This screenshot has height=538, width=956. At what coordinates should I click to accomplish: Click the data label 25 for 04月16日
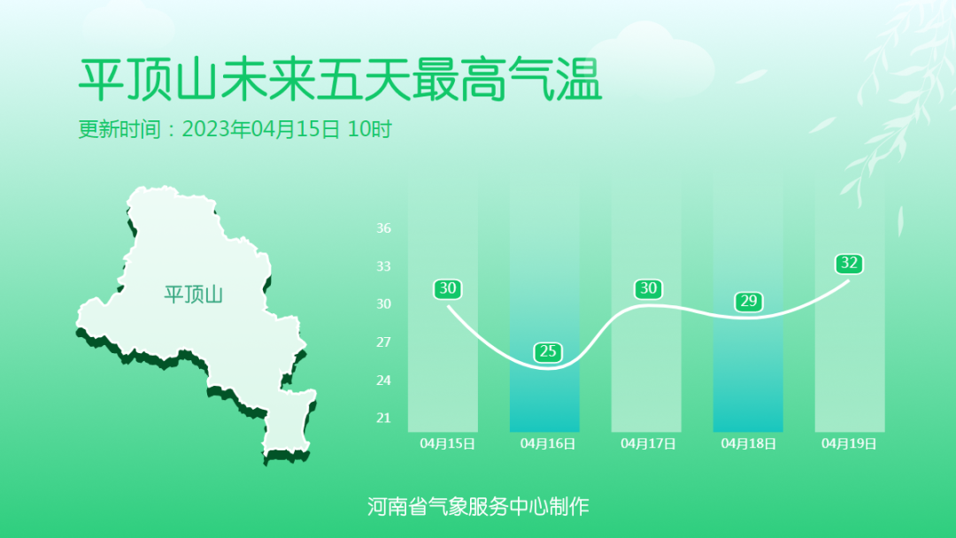point(548,351)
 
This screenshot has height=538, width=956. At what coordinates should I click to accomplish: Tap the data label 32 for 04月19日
point(849,263)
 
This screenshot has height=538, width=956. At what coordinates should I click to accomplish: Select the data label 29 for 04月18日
point(748,301)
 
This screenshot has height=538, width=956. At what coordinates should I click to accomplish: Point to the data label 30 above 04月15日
point(448,288)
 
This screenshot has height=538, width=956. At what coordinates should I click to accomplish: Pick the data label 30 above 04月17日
point(648,288)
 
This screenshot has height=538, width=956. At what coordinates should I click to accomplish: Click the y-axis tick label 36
point(383,228)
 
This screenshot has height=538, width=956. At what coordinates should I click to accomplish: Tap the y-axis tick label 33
point(383,266)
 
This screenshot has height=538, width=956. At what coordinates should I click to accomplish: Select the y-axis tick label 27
point(383,342)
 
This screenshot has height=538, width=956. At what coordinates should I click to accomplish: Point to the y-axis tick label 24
point(383,380)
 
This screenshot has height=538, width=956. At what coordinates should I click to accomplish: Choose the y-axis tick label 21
point(383,418)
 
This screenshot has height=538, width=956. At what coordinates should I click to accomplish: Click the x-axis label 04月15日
point(448,443)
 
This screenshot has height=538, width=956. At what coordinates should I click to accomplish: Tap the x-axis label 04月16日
point(548,443)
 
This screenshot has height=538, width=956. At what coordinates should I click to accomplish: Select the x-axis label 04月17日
point(648,443)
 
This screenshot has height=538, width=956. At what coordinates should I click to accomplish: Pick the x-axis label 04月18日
point(748,443)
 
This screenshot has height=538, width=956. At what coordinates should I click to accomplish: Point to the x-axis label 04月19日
point(849,443)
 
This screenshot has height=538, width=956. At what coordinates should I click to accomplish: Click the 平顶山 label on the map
point(193,295)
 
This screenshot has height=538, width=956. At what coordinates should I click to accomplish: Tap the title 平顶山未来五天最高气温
point(340,80)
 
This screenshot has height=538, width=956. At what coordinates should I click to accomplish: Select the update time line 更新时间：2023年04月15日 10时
point(235,129)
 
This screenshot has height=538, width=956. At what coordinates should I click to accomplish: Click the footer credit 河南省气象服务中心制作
point(478,506)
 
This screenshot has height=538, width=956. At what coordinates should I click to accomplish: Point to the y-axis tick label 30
point(383,304)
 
